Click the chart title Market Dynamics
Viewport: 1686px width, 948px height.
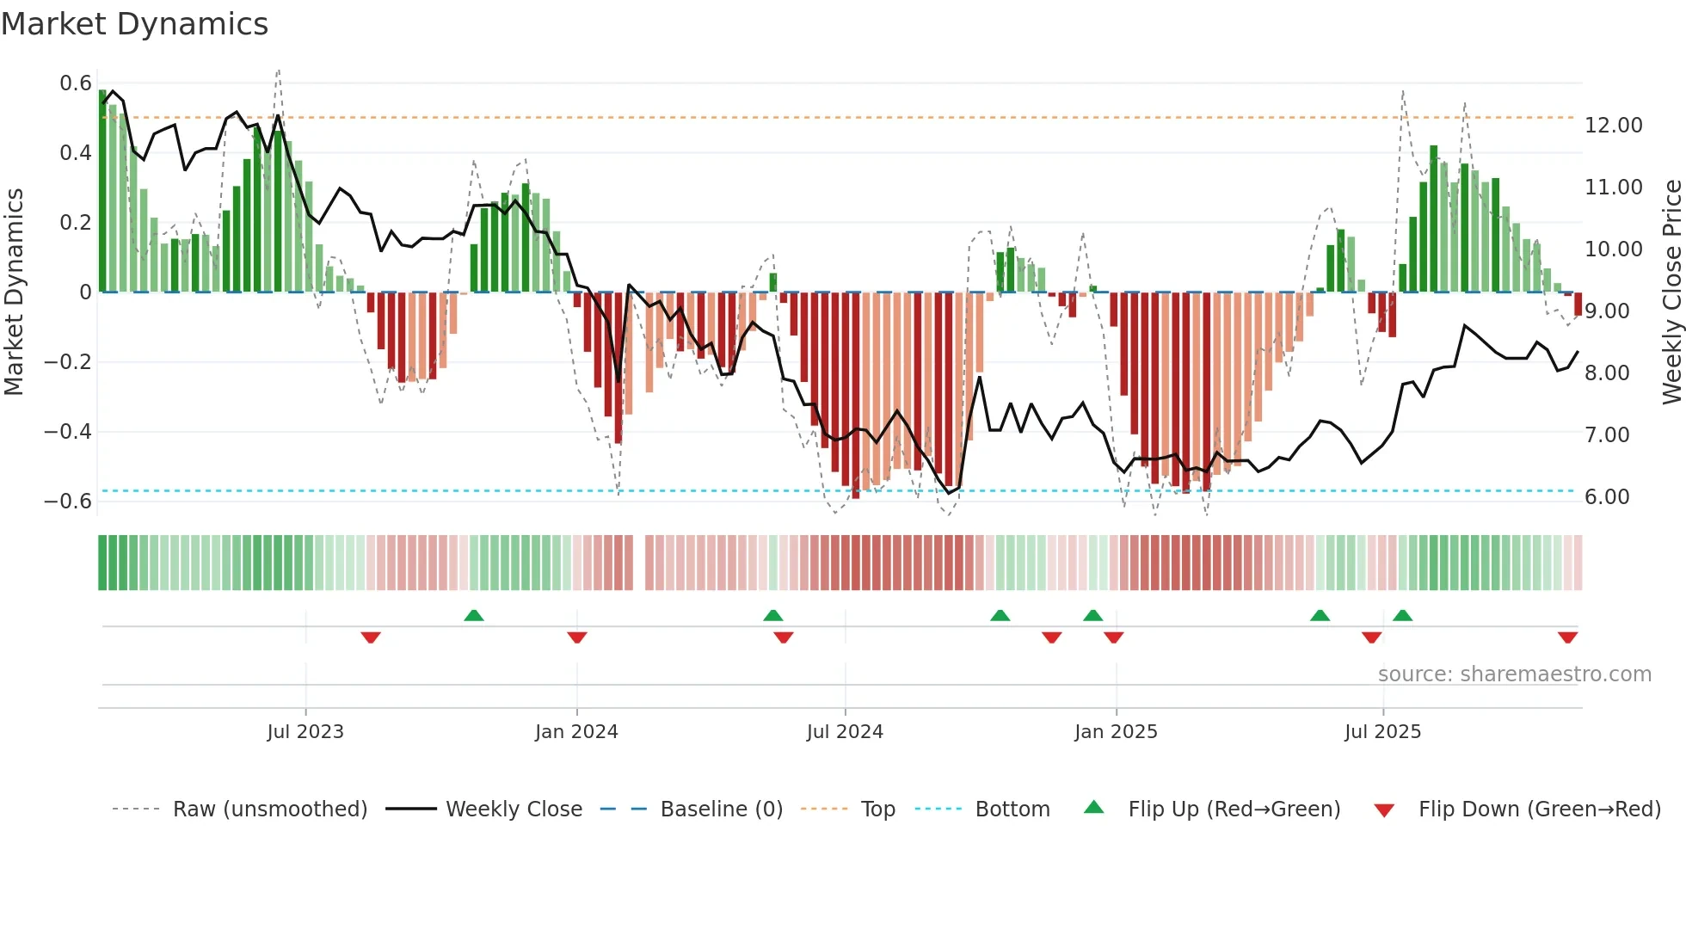[x=135, y=24]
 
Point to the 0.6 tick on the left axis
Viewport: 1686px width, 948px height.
[x=76, y=83]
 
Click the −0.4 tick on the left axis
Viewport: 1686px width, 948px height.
[x=68, y=431]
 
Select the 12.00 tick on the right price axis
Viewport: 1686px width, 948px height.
[x=1614, y=126]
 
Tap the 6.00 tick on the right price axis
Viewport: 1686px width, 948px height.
[x=1607, y=497]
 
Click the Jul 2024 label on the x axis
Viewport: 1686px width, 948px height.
[x=845, y=732]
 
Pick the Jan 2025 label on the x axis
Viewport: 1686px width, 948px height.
[x=1116, y=732]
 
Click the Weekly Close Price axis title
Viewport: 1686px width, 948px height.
[x=1671, y=292]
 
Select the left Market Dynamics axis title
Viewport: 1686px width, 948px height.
[x=15, y=292]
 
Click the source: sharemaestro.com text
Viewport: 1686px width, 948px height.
[x=1514, y=674]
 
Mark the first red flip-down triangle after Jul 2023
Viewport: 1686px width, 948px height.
[x=371, y=637]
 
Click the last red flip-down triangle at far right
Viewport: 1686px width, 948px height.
[x=1567, y=637]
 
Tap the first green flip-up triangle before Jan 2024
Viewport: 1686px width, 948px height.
[x=474, y=615]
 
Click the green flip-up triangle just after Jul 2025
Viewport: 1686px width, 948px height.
[x=1402, y=615]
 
